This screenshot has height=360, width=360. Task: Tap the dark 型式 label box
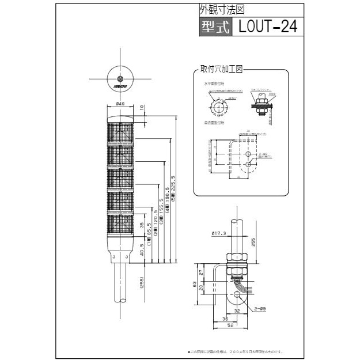215,27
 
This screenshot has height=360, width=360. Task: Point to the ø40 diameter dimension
120,104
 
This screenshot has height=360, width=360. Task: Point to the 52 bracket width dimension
229,325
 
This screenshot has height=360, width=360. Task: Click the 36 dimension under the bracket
225,318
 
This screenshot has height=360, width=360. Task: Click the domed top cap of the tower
120,119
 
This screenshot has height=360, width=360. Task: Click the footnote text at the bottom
236,351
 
